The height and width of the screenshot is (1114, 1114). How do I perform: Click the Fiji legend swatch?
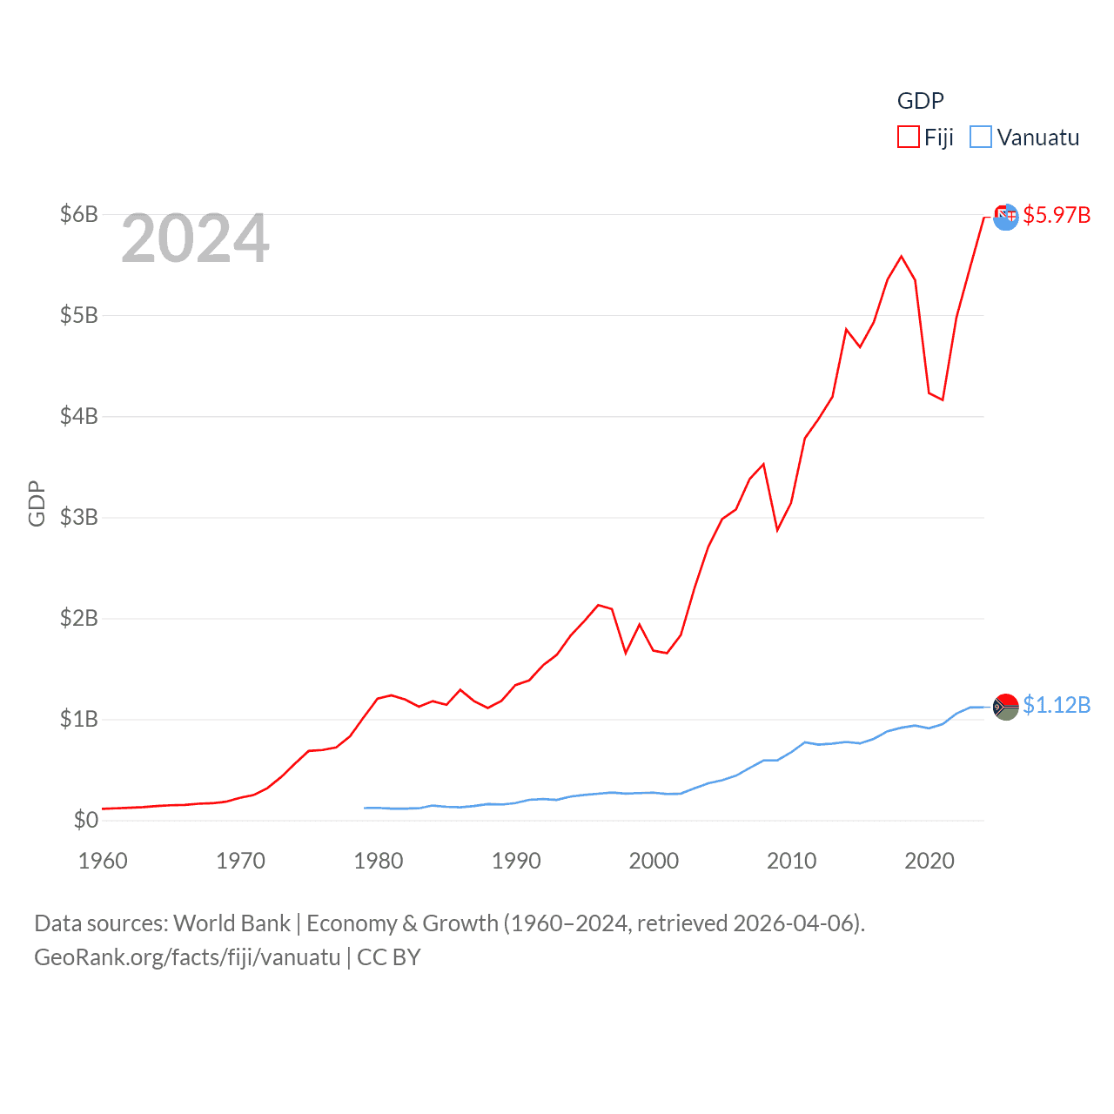tap(908, 138)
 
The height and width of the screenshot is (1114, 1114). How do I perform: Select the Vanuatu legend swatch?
tap(980, 138)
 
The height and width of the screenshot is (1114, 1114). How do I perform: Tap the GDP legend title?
tap(920, 101)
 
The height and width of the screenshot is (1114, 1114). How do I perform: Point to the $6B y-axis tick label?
tap(78, 214)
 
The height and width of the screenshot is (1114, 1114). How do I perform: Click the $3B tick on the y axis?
tap(78, 517)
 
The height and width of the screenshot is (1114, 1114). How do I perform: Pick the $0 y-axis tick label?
tap(85, 820)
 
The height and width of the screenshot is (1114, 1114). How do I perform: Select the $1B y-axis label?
tap(78, 719)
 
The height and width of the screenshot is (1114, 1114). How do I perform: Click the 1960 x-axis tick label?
tap(103, 861)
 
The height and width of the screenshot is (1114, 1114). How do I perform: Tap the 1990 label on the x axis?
tap(516, 861)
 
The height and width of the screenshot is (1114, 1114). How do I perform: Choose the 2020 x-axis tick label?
tap(929, 861)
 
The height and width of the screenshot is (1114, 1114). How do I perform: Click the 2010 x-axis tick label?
tap(791, 861)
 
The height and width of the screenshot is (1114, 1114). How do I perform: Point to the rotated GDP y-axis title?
tap(37, 503)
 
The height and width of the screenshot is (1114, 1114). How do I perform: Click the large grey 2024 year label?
tap(195, 238)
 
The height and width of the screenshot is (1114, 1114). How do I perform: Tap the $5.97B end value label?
tap(1057, 215)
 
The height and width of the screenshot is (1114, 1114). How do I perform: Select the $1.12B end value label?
tap(1057, 705)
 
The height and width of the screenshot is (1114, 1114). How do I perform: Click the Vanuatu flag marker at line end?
tap(1005, 707)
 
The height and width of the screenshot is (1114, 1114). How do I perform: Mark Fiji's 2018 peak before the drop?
tap(902, 256)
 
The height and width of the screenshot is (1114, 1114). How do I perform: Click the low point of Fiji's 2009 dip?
tap(777, 530)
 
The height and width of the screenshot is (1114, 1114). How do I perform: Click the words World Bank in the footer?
tap(232, 923)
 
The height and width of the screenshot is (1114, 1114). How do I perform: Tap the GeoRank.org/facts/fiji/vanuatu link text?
tap(187, 957)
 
